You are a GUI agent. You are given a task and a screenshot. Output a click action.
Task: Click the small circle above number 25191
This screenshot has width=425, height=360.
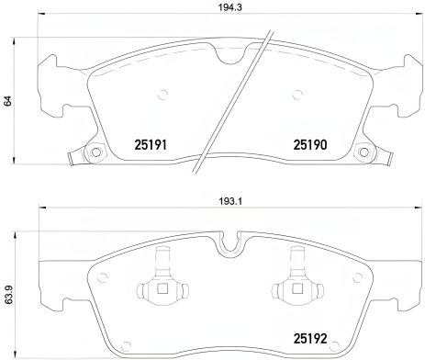[x=163, y=91]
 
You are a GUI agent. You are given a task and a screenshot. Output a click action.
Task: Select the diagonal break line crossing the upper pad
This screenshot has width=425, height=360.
[x=240, y=96]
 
